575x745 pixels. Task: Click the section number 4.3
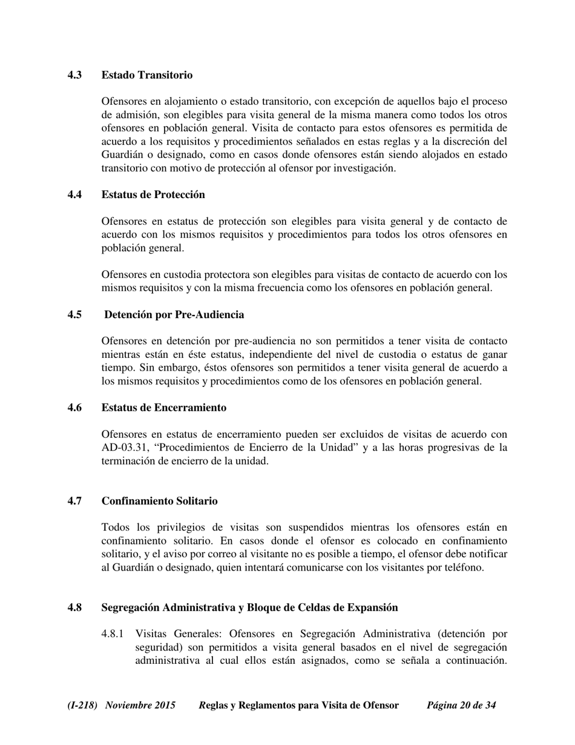[74, 75]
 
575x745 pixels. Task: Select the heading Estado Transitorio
[147, 75]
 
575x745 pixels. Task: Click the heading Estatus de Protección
[153, 195]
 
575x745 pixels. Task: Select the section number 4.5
[74, 315]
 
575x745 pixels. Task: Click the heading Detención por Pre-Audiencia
[174, 315]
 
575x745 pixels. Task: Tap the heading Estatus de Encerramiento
[164, 408]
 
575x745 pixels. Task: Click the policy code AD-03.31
[126, 448]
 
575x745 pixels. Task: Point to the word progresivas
[450, 448]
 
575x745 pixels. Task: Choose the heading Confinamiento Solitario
[159, 502]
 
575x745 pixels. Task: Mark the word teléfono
[461, 568]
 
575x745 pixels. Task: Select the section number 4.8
[74, 608]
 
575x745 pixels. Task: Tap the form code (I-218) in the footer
[83, 706]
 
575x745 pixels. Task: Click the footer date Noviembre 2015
[140, 706]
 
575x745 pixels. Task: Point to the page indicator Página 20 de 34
[461, 706]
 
